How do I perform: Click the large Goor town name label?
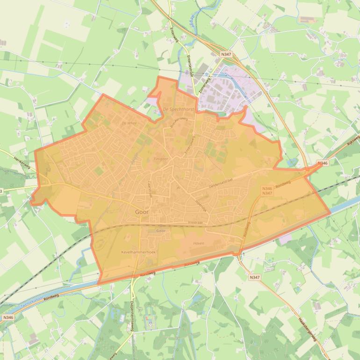click(x=142, y=212)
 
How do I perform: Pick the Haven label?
click(x=198, y=244)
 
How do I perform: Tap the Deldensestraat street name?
click(x=222, y=183)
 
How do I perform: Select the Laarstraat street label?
click(x=151, y=189)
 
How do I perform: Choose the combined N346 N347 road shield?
click(x=267, y=191)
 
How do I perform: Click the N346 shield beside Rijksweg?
click(x=322, y=163)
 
